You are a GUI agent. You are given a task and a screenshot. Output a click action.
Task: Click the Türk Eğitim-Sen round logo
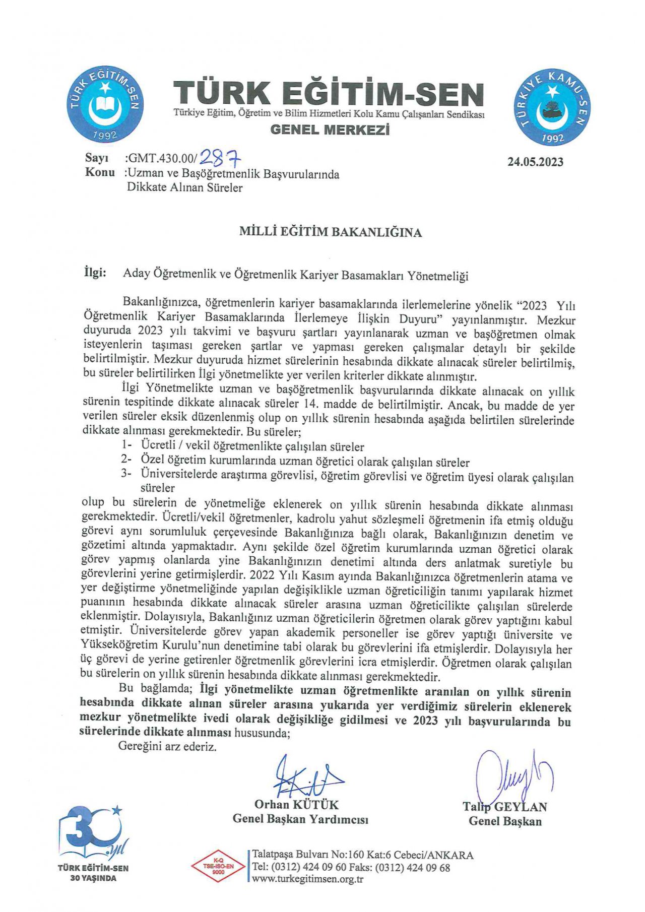(x=105, y=104)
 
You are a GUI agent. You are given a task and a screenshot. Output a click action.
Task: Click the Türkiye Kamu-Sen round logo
(x=552, y=107)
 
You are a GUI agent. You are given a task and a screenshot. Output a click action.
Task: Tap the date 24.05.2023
(x=535, y=162)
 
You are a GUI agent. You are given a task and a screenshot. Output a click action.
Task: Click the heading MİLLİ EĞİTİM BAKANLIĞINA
(x=330, y=232)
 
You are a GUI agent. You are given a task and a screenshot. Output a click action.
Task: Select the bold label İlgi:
(x=95, y=273)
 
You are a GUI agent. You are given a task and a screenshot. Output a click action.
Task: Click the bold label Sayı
(x=97, y=158)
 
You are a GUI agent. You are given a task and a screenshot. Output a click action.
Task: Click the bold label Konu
(x=100, y=172)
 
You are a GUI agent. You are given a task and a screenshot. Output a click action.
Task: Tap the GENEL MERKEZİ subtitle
(x=330, y=130)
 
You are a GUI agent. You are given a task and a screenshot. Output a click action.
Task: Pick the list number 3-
(x=126, y=474)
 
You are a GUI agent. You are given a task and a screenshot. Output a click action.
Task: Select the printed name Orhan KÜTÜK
(x=296, y=805)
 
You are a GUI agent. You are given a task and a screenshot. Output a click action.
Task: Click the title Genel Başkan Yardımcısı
(x=300, y=819)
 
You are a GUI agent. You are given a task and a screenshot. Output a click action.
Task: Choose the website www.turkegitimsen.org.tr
(x=307, y=879)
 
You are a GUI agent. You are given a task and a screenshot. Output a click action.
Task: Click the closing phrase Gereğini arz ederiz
(x=167, y=747)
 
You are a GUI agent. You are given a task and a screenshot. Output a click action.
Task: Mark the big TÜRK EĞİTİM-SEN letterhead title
(x=329, y=94)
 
